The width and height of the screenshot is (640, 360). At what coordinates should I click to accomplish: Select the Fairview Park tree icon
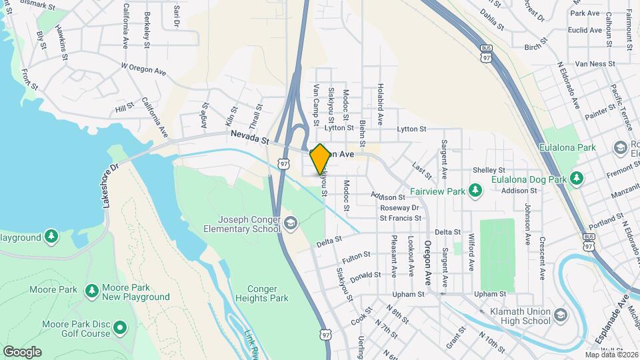click(475, 192)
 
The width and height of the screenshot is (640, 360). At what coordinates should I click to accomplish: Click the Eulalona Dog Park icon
click(577, 179)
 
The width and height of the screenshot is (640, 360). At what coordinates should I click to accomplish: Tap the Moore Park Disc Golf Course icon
click(120, 327)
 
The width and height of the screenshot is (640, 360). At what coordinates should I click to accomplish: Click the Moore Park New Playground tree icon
click(92, 291)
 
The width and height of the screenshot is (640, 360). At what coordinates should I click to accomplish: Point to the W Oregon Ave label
click(143, 69)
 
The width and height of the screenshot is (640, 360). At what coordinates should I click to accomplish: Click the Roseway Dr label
click(399, 207)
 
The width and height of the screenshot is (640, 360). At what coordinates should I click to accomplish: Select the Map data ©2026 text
click(611, 355)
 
